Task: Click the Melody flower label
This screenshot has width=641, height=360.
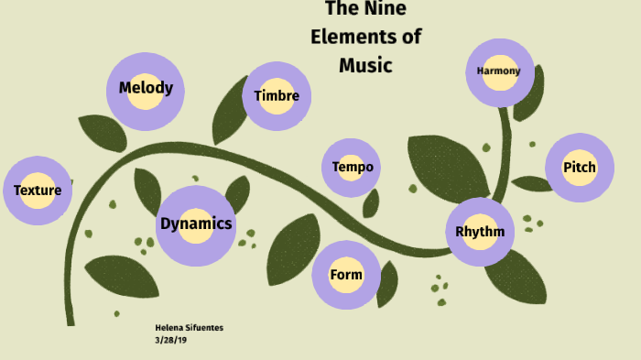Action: tap(146, 89)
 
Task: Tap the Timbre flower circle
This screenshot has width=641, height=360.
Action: tap(277, 96)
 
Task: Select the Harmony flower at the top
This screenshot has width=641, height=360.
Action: tap(499, 71)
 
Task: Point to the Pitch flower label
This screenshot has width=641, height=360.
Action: tap(579, 168)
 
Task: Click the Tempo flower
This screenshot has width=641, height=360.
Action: tap(352, 168)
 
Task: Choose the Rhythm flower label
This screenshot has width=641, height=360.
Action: tap(480, 231)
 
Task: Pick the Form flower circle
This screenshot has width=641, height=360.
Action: tap(346, 275)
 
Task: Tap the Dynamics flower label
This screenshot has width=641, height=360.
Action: tap(196, 224)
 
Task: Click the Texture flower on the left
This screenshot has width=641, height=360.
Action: tap(38, 191)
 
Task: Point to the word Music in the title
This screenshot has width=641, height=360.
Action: tap(365, 65)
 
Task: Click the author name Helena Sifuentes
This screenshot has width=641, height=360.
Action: tap(190, 327)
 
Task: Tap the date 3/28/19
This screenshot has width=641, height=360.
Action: tap(170, 339)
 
